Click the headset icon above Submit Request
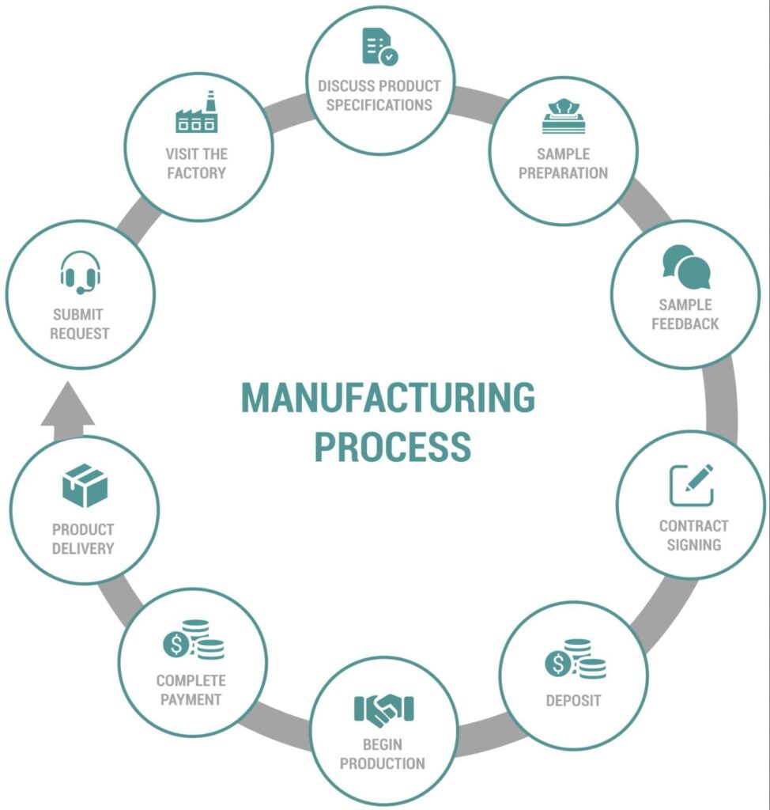point(81,272)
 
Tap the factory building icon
point(195,112)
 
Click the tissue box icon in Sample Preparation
point(564,115)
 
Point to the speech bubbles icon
point(686,267)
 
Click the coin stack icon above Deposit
point(575,659)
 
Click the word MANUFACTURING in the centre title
point(387,398)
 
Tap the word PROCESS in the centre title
point(392,446)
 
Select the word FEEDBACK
point(685,324)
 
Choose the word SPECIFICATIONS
point(379,105)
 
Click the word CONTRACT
point(693,525)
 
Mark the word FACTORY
point(196,172)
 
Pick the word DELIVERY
point(83,548)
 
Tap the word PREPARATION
point(563,172)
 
